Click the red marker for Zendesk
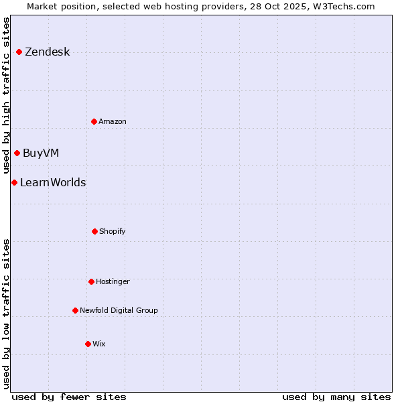pyautogui.click(x=19, y=52)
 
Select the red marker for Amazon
pyautogui.click(x=94, y=121)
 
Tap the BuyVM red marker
pyautogui.click(x=17, y=153)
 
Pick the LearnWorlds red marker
pyautogui.click(x=14, y=182)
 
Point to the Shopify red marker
pyautogui.click(x=94, y=231)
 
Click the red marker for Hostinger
pyautogui.click(x=91, y=281)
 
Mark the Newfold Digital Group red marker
pyautogui.click(x=75, y=310)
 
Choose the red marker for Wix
pyautogui.click(x=88, y=344)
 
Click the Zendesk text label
pyautogui.click(x=47, y=52)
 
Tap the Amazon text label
pyautogui.click(x=113, y=121)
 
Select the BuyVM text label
pyautogui.click(x=41, y=153)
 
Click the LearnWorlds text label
pyautogui.click(x=53, y=182)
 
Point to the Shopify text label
pyautogui.click(x=113, y=231)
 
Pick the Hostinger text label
pyautogui.click(x=113, y=281)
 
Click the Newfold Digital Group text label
pyautogui.click(x=119, y=310)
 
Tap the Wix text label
pyautogui.click(x=99, y=344)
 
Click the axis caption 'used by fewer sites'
pyautogui.click(x=69, y=397)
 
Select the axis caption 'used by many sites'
pyautogui.click(x=336, y=397)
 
